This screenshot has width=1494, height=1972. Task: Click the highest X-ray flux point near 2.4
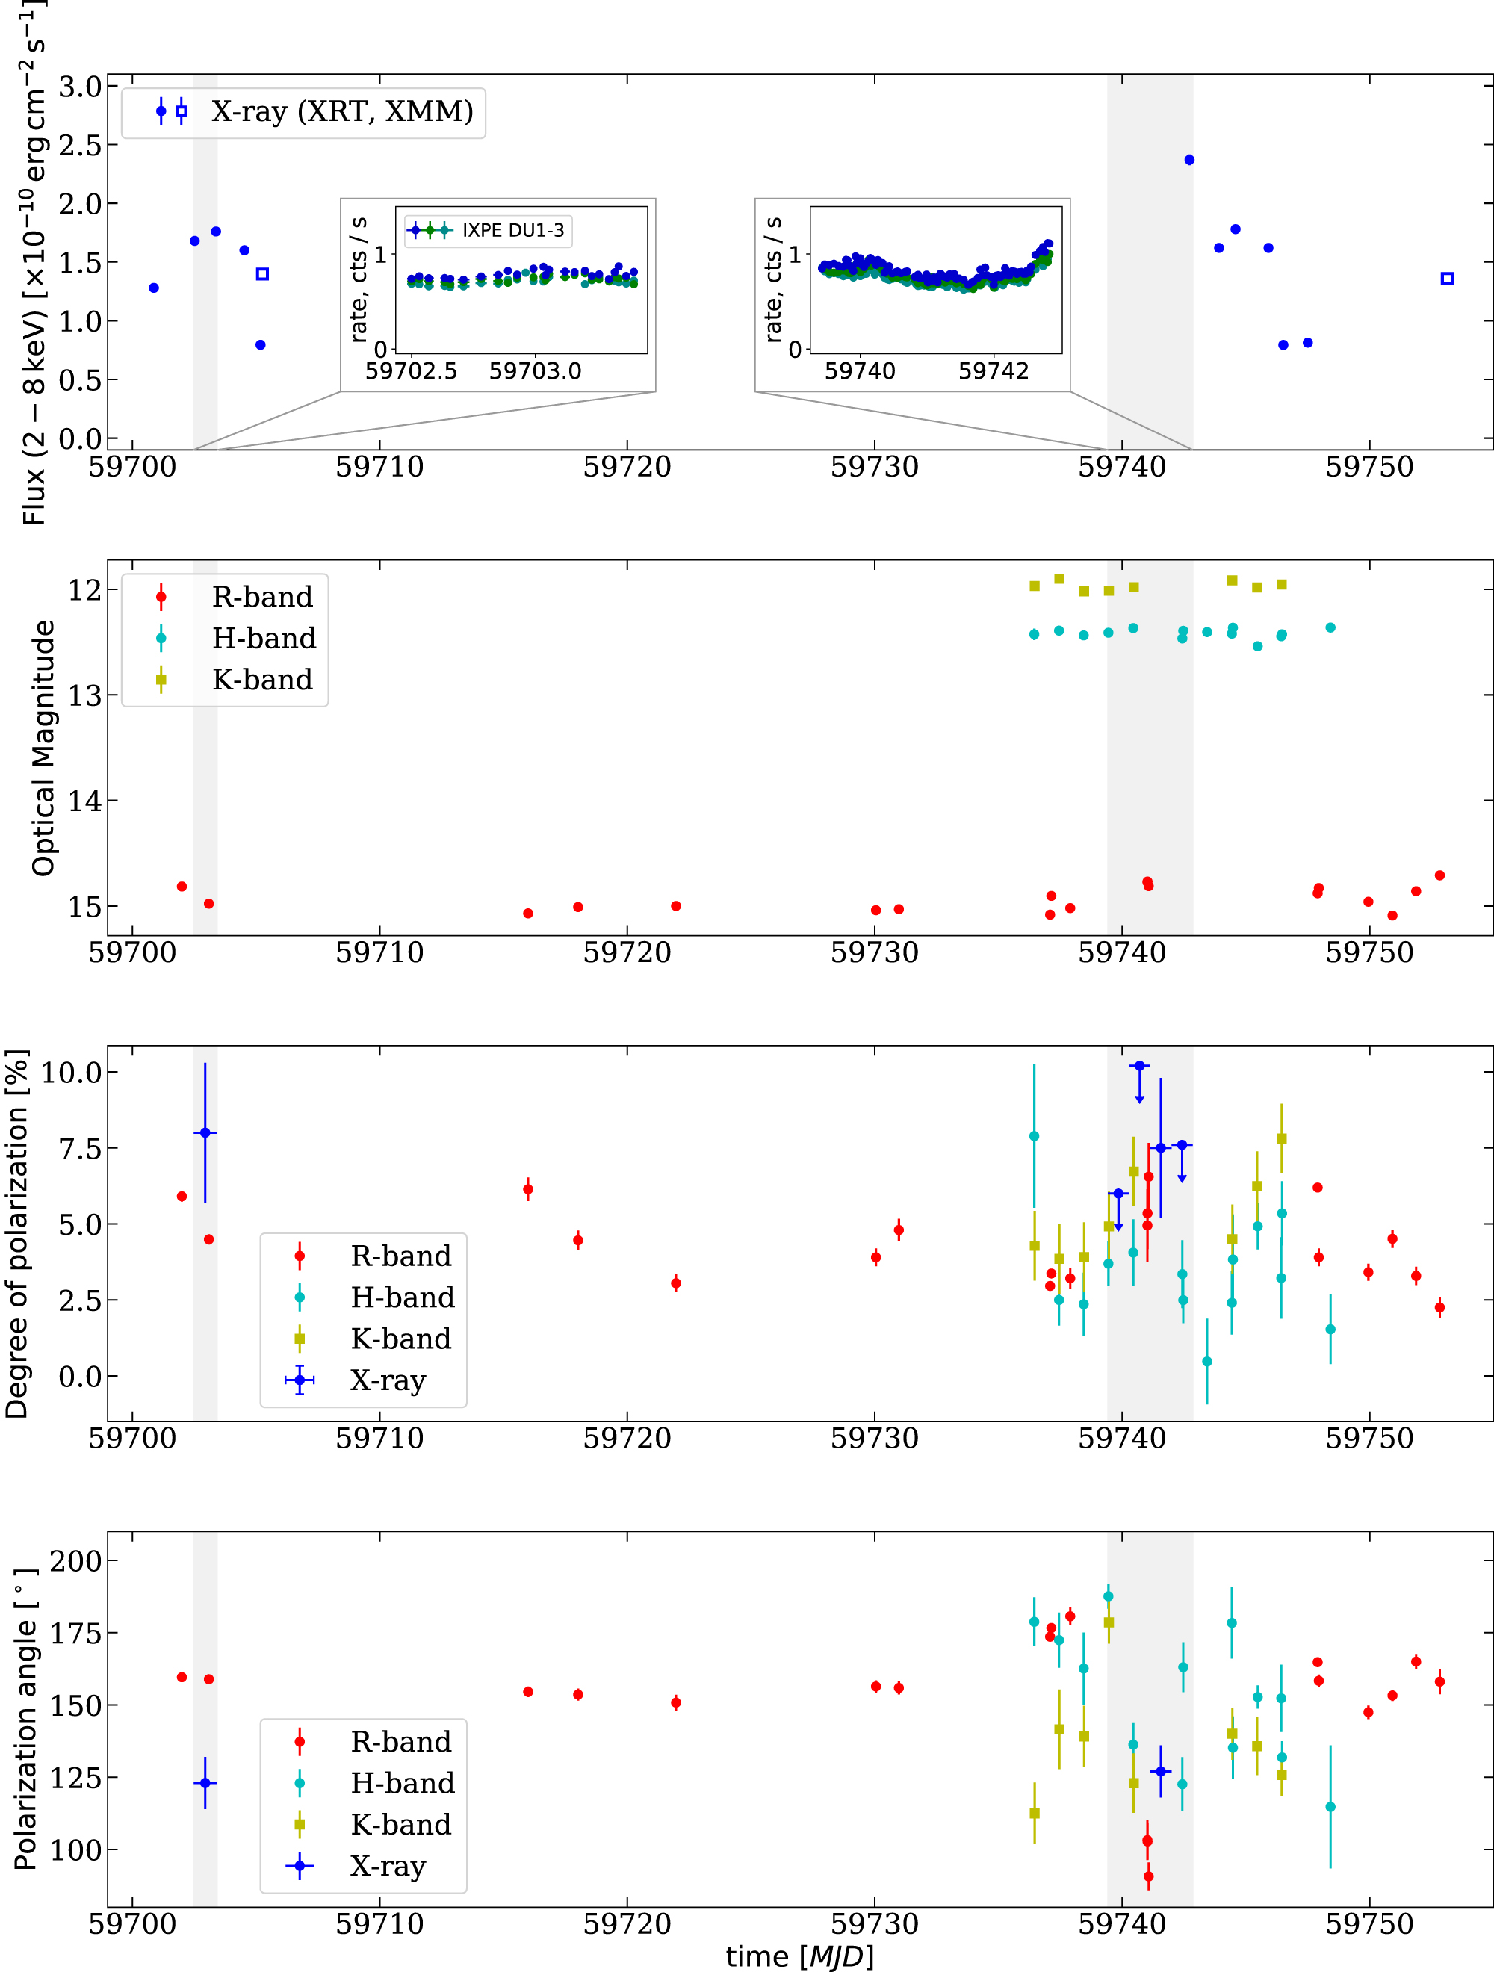click(x=1189, y=161)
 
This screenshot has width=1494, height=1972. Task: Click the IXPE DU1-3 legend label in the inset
click(x=512, y=231)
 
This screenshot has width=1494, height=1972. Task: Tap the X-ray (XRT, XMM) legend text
click(x=341, y=111)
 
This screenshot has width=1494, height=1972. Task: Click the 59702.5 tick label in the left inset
click(x=411, y=370)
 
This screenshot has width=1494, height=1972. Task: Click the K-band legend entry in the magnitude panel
click(x=262, y=679)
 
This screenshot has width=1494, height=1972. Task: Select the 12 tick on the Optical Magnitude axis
click(x=86, y=589)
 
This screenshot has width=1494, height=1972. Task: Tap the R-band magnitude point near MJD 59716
click(x=527, y=913)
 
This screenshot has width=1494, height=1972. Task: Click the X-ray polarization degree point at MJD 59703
click(x=205, y=1132)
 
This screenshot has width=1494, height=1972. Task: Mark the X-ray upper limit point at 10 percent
click(x=1139, y=1066)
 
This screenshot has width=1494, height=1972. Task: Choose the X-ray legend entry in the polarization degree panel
click(x=388, y=1380)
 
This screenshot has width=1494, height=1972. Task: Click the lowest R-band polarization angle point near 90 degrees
click(x=1148, y=1876)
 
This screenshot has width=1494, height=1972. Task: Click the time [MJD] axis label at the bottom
click(x=799, y=1956)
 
